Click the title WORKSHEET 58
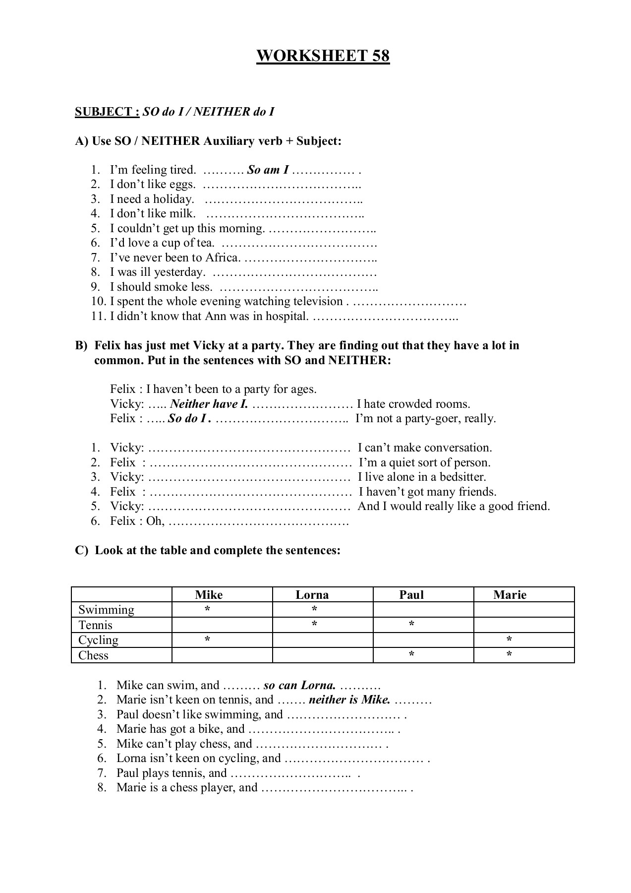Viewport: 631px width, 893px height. pyautogui.click(x=323, y=56)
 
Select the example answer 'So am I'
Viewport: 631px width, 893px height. pyautogui.click(x=268, y=170)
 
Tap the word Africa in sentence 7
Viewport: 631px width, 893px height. pyautogui.click(x=223, y=258)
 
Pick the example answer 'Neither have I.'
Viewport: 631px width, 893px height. pyautogui.click(x=209, y=404)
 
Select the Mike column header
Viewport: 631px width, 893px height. pyautogui.click(x=209, y=595)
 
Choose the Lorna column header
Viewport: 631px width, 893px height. pyautogui.click(x=312, y=595)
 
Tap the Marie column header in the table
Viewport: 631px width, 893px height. pyautogui.click(x=510, y=595)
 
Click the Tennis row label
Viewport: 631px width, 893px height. pyautogui.click(x=96, y=625)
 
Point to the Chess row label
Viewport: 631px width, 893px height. pyautogui.click(x=93, y=655)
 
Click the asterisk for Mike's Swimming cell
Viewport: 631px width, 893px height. pyautogui.click(x=207, y=609)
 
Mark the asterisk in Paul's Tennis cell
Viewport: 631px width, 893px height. pyautogui.click(x=411, y=625)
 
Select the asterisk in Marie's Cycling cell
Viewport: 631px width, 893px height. pyautogui.click(x=510, y=640)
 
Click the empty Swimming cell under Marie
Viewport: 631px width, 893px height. pyautogui.click(x=523, y=610)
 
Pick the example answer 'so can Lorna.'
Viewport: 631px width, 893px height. pyautogui.click(x=299, y=686)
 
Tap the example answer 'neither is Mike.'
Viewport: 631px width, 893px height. pyautogui.click(x=349, y=700)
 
